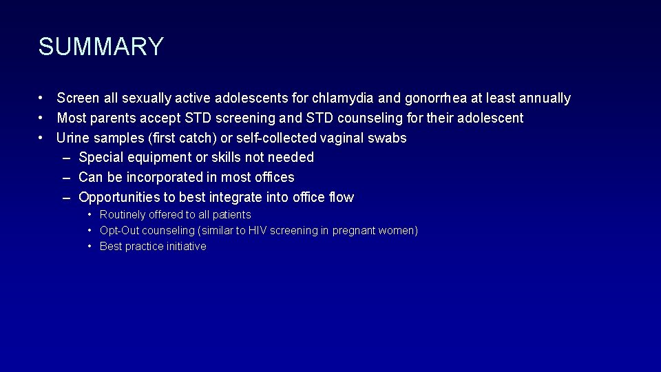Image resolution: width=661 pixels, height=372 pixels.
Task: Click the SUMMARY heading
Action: [101, 47]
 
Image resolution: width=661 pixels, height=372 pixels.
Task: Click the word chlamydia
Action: [343, 99]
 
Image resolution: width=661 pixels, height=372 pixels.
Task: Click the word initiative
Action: [185, 247]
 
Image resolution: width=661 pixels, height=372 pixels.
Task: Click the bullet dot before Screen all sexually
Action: [42, 99]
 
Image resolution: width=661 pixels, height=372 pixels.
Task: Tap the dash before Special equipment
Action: [66, 158]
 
